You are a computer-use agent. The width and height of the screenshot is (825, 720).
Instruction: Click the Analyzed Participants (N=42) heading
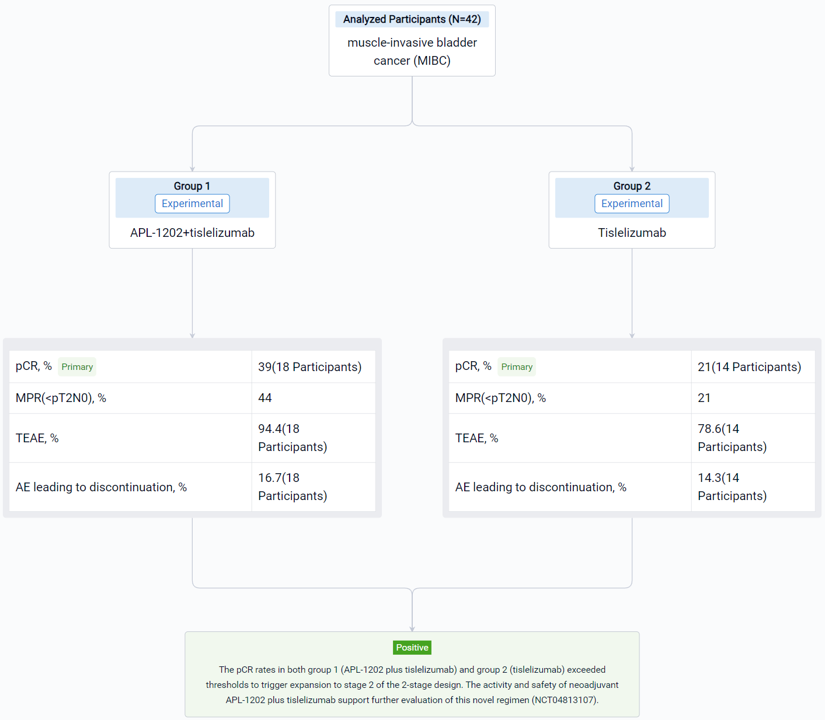(412, 19)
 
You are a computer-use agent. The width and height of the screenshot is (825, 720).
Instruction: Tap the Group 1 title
(192, 186)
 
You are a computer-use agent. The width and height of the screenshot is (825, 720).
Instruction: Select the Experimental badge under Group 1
(192, 204)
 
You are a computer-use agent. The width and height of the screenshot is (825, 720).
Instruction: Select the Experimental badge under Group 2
(632, 204)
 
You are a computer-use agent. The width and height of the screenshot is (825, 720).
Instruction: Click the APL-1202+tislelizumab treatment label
(192, 232)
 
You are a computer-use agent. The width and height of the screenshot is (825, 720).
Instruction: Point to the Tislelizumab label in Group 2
(632, 232)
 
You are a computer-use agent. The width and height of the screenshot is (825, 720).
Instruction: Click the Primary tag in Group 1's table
(77, 366)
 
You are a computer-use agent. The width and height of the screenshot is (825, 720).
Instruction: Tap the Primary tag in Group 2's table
(517, 366)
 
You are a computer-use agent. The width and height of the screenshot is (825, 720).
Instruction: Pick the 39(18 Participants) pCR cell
(309, 366)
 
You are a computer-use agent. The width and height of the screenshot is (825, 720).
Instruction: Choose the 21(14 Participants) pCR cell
(749, 366)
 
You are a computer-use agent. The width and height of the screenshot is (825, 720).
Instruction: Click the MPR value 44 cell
(265, 398)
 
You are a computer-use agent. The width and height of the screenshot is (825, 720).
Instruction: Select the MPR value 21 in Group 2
(704, 398)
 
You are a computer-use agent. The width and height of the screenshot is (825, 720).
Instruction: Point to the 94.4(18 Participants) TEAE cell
(293, 438)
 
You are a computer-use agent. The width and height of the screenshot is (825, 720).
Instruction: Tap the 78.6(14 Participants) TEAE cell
(732, 438)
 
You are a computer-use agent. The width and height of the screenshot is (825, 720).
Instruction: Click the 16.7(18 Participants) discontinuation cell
(293, 487)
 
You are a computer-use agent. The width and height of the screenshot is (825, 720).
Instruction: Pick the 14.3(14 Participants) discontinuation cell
(732, 487)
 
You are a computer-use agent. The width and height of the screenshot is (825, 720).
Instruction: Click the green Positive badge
(412, 648)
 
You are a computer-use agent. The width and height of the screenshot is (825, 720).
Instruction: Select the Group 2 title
(632, 186)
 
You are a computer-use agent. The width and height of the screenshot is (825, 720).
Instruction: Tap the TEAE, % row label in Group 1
(37, 438)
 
